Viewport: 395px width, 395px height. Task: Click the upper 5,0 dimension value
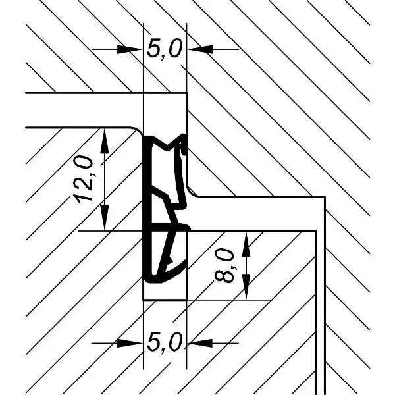[164, 49]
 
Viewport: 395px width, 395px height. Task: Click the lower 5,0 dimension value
[164, 342]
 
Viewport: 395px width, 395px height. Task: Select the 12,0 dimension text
[84, 179]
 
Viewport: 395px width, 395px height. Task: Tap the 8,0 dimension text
[224, 265]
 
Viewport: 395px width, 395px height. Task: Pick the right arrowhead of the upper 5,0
[199, 49]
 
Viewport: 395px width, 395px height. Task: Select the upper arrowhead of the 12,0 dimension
[104, 141]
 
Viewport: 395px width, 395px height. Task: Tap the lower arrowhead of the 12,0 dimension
[104, 218]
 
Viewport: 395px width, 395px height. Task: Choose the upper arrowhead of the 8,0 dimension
[246, 244]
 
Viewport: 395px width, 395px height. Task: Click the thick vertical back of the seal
[147, 209]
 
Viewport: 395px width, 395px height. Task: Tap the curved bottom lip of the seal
[167, 276]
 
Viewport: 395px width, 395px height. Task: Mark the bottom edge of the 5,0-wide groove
[165, 300]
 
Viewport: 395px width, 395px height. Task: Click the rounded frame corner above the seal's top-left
[138, 130]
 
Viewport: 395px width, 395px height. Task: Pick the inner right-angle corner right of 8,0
[316, 231]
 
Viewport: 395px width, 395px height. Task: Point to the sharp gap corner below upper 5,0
[187, 93]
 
